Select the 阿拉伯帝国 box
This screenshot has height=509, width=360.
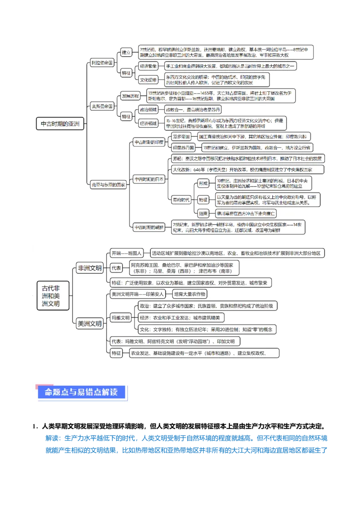(102, 63)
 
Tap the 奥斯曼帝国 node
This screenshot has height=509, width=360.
(102, 106)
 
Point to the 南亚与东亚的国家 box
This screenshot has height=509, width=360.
(108, 184)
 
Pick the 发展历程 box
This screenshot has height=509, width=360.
(130, 96)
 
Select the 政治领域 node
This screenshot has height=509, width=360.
(148, 110)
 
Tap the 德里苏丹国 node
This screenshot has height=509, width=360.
(184, 147)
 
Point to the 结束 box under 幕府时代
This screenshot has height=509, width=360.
(203, 214)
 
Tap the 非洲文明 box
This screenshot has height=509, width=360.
(90, 268)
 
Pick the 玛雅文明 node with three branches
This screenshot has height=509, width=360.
(121, 317)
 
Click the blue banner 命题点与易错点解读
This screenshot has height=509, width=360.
(81, 392)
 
